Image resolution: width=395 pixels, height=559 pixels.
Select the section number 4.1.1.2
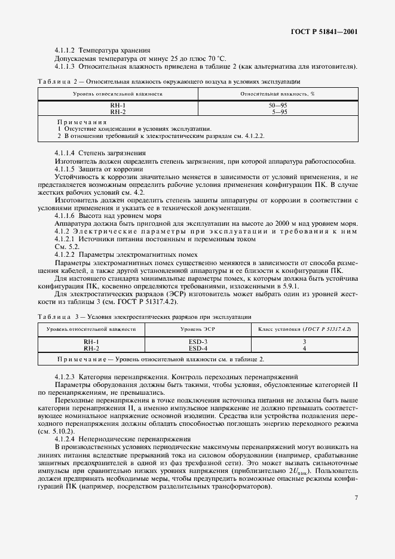[x=66, y=50]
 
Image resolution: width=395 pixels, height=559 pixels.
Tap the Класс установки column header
[x=304, y=329]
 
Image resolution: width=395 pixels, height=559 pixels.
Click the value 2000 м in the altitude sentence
[x=290, y=223]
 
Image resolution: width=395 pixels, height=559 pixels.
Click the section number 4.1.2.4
[x=66, y=438]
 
